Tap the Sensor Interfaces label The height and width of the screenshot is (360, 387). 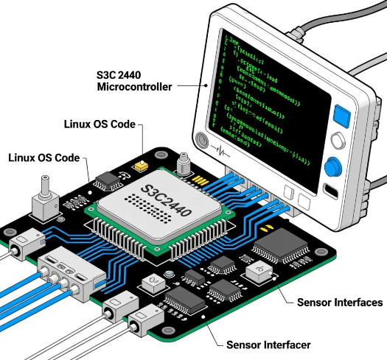click(338, 303)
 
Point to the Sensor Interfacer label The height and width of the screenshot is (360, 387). click(268, 345)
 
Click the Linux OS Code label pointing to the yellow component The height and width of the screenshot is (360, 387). click(100, 124)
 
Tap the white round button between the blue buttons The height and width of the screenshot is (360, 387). click(340, 140)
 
